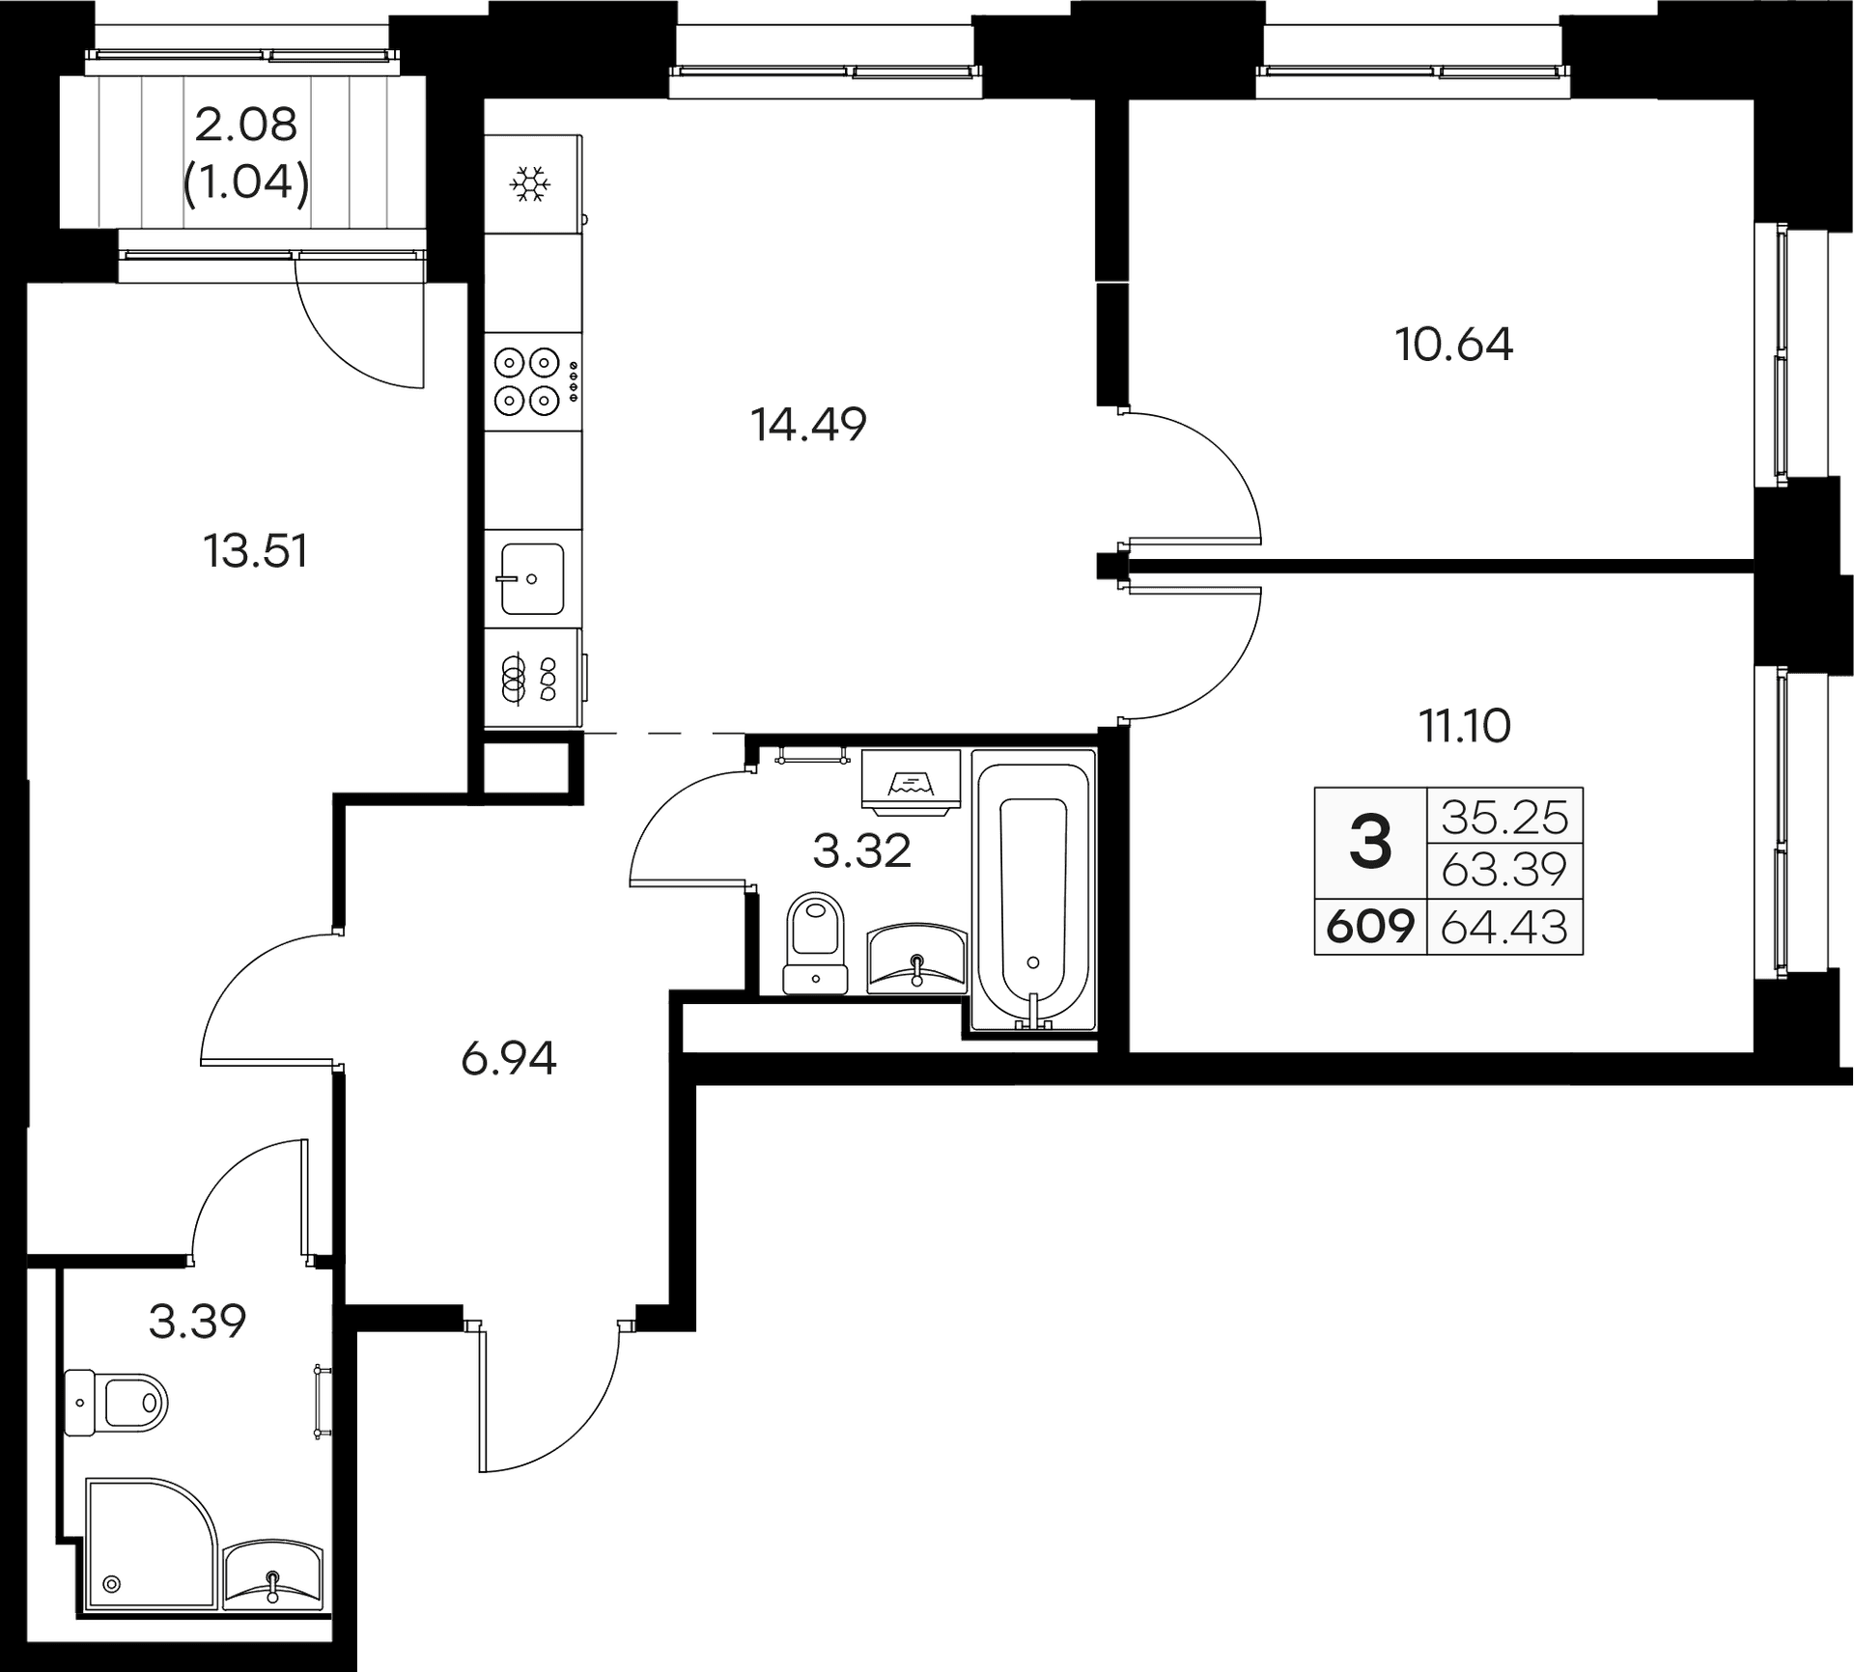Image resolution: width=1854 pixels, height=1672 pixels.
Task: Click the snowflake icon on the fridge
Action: pos(530,183)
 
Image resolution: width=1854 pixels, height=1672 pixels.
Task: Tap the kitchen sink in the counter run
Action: pos(532,578)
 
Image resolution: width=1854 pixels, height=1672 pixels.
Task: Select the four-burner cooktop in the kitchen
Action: pos(528,380)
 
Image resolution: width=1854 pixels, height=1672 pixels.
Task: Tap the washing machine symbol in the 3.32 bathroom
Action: pos(911,778)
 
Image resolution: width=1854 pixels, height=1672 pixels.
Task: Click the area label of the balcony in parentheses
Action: pos(246,181)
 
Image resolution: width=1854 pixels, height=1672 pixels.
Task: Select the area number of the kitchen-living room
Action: pos(809,425)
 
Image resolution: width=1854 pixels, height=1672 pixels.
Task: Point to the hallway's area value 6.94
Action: pos(509,1060)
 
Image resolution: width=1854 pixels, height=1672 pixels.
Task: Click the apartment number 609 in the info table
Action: pos(1370,927)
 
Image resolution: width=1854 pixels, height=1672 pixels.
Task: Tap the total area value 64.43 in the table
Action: pos(1503,927)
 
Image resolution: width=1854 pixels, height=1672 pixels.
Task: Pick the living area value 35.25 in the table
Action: pos(1504,818)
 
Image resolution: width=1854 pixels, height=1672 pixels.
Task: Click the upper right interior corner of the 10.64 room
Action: pos(1754,100)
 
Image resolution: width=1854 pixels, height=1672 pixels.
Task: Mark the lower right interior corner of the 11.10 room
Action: pos(1754,1051)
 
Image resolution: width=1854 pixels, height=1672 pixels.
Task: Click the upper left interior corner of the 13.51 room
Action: pos(27,284)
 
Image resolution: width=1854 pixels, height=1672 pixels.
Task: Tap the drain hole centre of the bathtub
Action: pos(1033,961)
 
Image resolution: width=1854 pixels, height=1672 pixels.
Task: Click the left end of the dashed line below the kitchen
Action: pos(584,734)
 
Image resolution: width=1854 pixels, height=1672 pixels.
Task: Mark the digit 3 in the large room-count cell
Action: pos(1370,842)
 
